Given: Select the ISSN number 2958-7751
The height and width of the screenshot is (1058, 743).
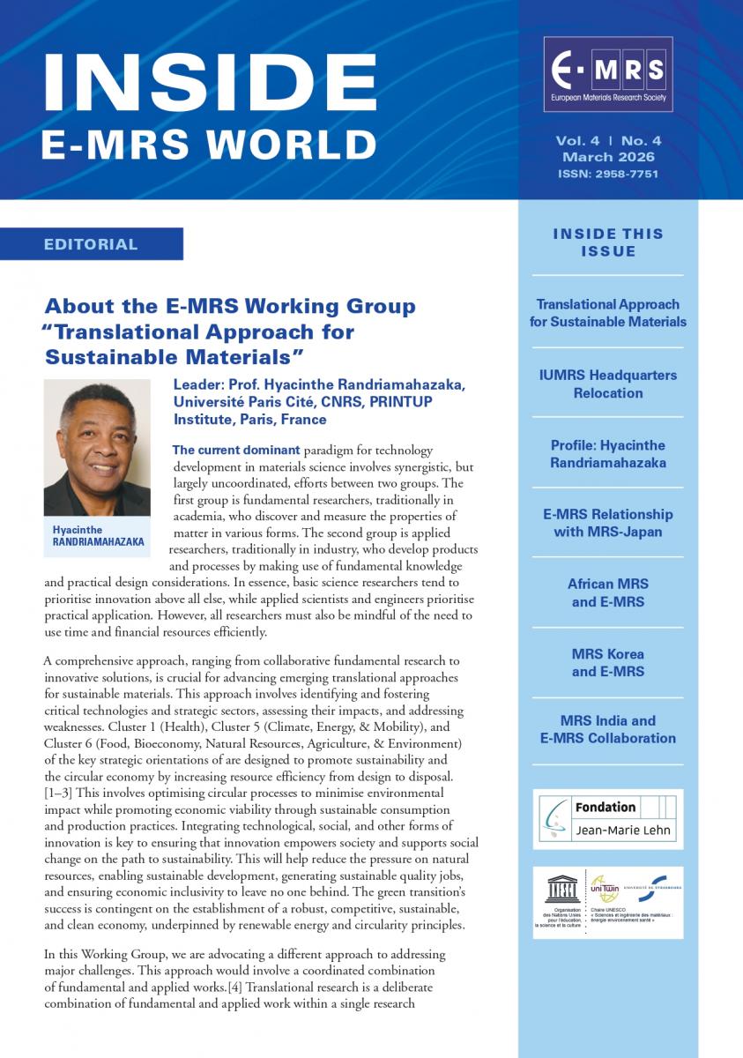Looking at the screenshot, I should [x=608, y=174].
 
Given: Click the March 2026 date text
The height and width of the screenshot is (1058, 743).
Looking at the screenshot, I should [x=608, y=157].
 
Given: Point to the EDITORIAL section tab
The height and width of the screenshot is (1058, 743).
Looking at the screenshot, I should [x=92, y=244].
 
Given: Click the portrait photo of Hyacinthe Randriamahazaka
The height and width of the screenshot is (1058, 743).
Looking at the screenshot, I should [x=97, y=448].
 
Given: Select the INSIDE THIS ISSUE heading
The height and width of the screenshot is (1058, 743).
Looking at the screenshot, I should [x=608, y=242].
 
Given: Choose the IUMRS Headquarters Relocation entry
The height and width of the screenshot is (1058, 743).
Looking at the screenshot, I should [x=608, y=384].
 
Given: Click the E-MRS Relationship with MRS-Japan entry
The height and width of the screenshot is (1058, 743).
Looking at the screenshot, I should [x=608, y=523].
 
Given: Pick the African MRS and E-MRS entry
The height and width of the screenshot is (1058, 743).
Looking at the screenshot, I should [x=608, y=593].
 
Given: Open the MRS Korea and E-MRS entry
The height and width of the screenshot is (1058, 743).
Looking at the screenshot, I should [x=608, y=663].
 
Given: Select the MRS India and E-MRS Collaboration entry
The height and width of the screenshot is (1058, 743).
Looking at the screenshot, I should [x=608, y=729].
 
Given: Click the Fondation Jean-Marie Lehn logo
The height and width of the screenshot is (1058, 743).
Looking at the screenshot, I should [x=608, y=819].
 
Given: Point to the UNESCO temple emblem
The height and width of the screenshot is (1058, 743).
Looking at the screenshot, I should [x=561, y=889].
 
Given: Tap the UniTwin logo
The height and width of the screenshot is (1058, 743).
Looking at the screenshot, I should [x=604, y=889].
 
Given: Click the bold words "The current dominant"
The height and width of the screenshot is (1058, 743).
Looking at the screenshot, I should [x=237, y=451].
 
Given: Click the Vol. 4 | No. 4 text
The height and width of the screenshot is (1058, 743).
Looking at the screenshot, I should [x=608, y=141].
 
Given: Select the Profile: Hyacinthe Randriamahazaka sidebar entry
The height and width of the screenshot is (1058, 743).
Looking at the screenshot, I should [x=608, y=454].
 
